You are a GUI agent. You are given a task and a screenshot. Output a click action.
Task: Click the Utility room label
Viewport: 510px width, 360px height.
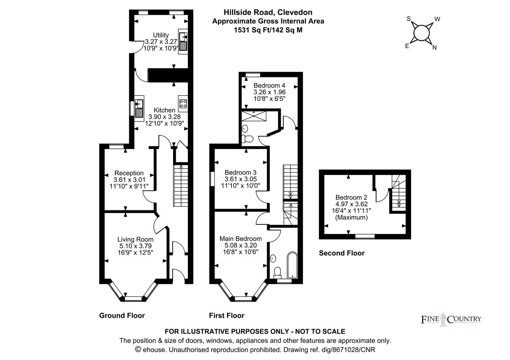[161, 35]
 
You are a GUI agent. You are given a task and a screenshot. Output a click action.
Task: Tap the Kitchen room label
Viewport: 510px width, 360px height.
[165, 110]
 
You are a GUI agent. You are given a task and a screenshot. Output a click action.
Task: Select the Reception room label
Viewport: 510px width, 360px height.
[129, 173]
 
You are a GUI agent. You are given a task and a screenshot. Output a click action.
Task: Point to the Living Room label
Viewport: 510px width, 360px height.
[135, 239]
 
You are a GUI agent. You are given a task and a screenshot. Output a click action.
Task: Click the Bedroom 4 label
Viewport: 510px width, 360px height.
[267, 85]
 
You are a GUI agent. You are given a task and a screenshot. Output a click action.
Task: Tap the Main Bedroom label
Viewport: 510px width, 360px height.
[241, 238]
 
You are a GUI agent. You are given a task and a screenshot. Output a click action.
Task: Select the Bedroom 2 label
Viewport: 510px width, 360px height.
[351, 198]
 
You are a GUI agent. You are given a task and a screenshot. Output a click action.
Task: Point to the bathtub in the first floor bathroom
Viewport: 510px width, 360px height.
[292, 265]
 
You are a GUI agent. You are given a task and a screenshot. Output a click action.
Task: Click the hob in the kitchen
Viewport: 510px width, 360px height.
[183, 103]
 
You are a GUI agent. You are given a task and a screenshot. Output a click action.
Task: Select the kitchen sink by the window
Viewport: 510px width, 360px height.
[139, 108]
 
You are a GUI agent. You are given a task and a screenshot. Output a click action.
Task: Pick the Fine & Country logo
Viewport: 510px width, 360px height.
[451, 319]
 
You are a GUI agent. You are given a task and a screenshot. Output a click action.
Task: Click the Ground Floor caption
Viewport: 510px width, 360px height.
[122, 315]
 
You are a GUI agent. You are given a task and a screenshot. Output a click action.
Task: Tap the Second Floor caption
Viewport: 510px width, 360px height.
[342, 253]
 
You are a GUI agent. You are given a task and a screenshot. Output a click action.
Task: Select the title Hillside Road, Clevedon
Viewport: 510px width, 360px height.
[268, 12]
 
